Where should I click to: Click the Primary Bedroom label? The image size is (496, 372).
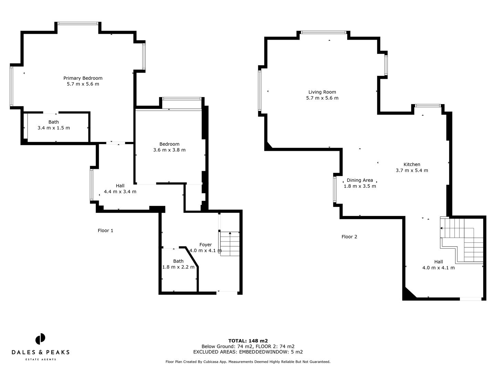pos(83,78)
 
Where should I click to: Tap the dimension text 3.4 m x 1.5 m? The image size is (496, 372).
pos(53,128)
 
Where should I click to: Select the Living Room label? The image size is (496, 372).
pos(322,92)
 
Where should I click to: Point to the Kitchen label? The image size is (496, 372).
pos(412,164)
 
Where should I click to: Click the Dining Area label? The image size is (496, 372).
pos(360,180)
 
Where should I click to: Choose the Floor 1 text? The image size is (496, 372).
pos(105,230)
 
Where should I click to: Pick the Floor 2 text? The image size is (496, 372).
pos(349,237)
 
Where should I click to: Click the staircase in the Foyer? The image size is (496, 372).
pos(230,244)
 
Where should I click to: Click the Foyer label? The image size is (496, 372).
pos(206,245)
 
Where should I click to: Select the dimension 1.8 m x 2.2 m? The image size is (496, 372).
pos(178,267)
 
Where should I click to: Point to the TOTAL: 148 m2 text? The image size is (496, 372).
pos(248,341)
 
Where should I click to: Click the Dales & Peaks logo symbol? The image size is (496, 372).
pos(40,339)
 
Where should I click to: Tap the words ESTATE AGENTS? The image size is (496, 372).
pos(41,359)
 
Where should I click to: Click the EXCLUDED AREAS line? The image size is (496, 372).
pos(248,352)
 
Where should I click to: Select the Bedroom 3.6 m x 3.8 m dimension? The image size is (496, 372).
pos(169,150)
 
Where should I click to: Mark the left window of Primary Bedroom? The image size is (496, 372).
pos(11,86)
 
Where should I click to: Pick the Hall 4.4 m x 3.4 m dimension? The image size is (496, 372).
pos(120,192)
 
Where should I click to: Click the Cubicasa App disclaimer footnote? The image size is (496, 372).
pos(248,362)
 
